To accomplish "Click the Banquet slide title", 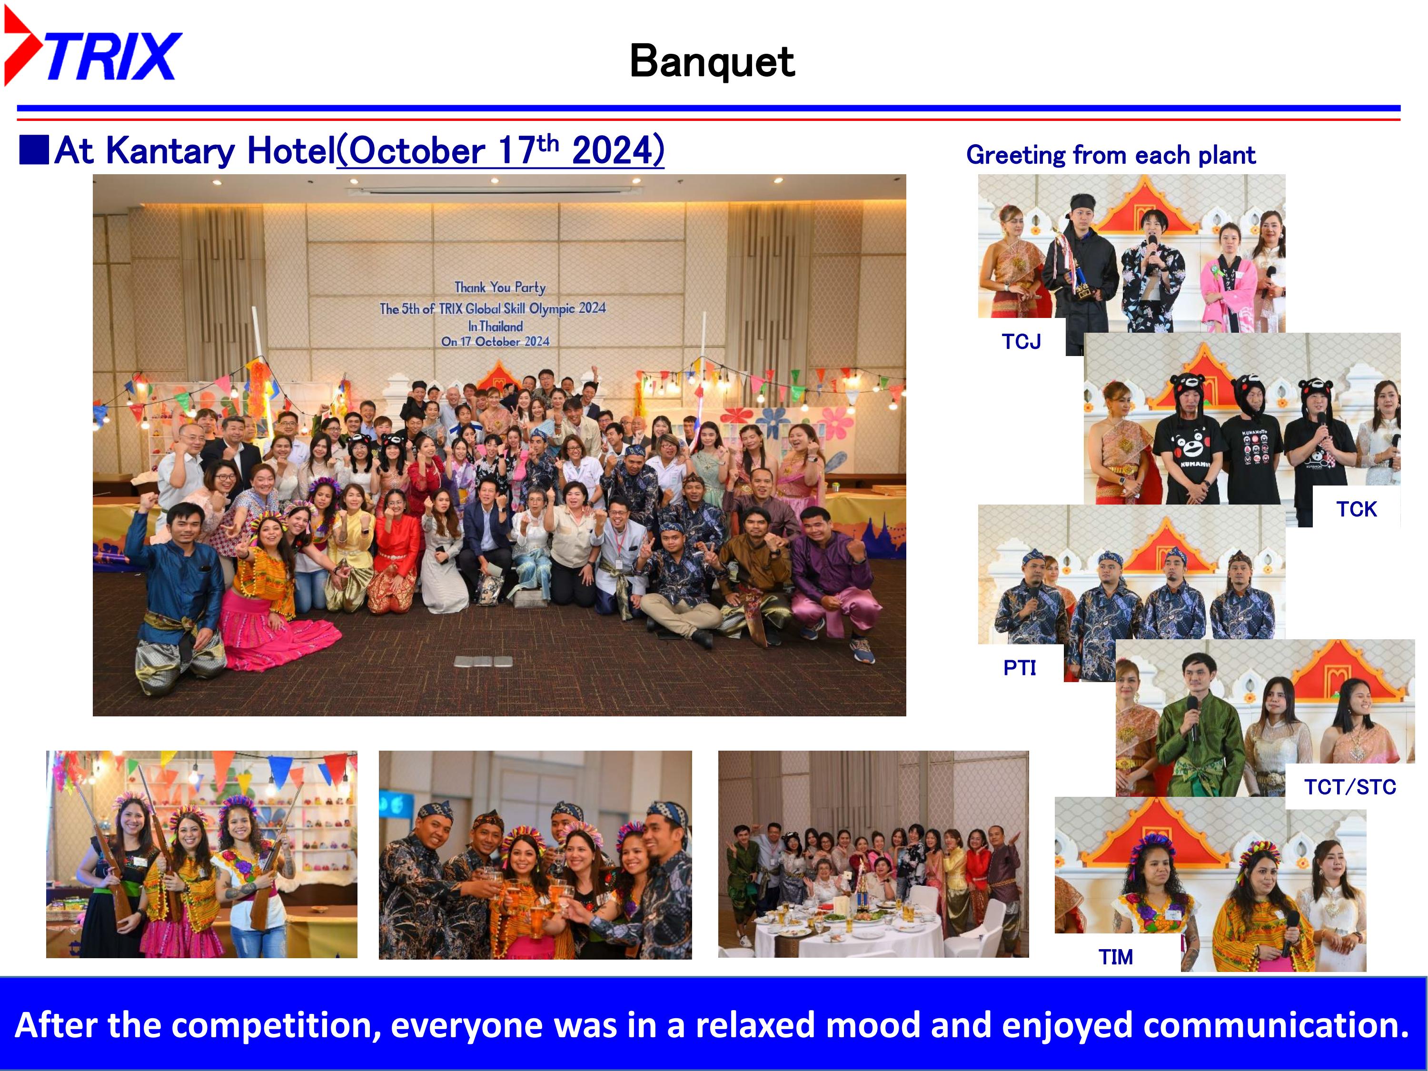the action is coord(712,61).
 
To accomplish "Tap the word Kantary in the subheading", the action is coord(170,151).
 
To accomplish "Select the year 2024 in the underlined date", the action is coord(613,150).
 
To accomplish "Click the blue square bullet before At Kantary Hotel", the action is coord(34,150).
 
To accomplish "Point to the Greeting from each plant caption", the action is coord(1111,155).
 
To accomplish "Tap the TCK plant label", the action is coord(1356,509).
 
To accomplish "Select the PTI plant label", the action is coord(1020,667).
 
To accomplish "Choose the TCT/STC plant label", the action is coord(1350,787).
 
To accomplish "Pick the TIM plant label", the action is coord(1116,957).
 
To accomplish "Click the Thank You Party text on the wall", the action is coord(500,288).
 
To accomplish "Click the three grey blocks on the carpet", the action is coord(484,661).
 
